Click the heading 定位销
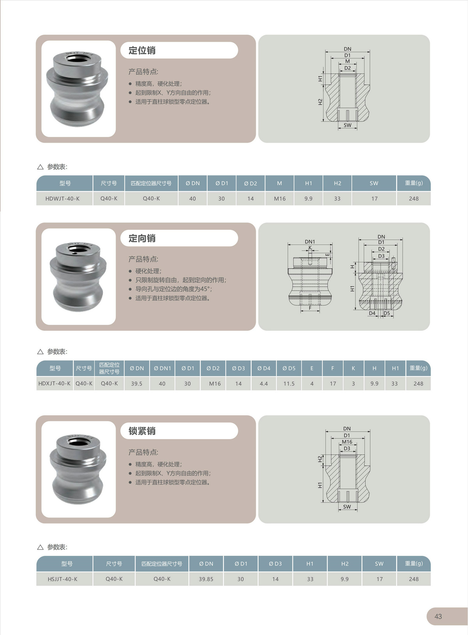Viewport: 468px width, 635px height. click(x=142, y=50)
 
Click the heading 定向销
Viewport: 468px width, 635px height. click(x=142, y=238)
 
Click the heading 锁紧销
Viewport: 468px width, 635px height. click(x=142, y=431)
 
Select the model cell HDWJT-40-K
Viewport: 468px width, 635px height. click(x=62, y=199)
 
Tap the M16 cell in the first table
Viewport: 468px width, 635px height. click(x=280, y=199)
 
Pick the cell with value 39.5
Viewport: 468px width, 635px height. click(x=136, y=384)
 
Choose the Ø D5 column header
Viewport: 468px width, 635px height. click(x=289, y=368)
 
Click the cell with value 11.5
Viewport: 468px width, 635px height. click(x=289, y=384)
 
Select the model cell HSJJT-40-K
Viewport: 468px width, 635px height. click(x=62, y=579)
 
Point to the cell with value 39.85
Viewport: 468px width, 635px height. click(x=206, y=579)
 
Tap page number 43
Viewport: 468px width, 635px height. click(x=438, y=616)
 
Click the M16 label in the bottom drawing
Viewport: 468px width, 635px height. click(x=347, y=442)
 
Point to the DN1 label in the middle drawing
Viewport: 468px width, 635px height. click(x=310, y=242)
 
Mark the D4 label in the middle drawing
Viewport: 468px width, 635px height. click(x=372, y=313)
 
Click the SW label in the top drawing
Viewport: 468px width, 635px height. click(x=347, y=125)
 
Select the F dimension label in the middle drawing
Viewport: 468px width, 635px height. click(x=310, y=308)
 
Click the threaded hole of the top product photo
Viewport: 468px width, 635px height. click(x=74, y=59)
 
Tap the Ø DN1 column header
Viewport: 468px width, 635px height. click(x=162, y=368)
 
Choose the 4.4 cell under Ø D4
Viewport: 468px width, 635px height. click(x=264, y=384)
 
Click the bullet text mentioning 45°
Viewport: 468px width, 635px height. click(x=174, y=289)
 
